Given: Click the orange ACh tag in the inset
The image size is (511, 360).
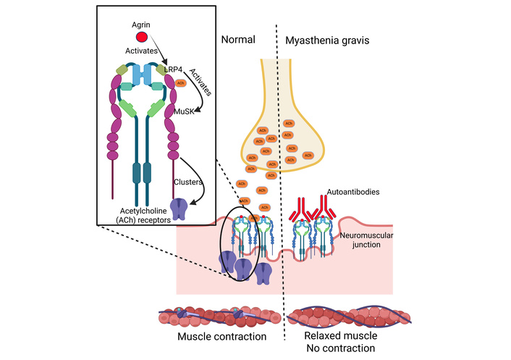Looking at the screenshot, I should (180, 83).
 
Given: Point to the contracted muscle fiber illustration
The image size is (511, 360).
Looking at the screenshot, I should (219, 317).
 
